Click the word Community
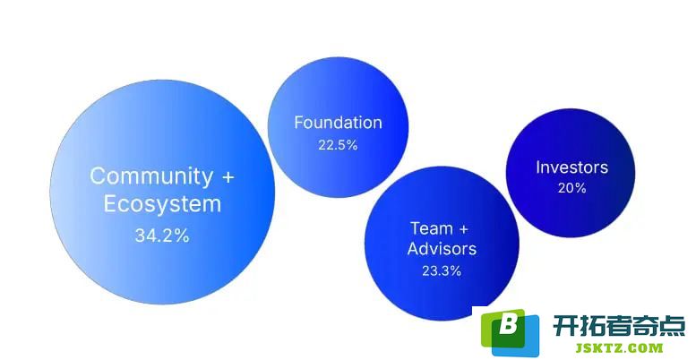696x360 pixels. coord(150,176)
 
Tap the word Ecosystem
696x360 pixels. coord(162,204)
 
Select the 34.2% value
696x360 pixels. coord(162,236)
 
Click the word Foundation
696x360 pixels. coord(338,123)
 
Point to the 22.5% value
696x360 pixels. coord(338,145)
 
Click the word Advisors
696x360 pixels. coord(442,249)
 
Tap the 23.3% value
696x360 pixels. coord(442,270)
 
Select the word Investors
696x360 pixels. coord(571,167)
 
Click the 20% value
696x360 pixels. coord(572,188)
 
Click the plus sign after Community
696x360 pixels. coord(228,177)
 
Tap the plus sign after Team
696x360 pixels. coord(463,229)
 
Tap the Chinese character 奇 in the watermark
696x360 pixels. coord(646,326)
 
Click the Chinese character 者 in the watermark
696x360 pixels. coord(619,326)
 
